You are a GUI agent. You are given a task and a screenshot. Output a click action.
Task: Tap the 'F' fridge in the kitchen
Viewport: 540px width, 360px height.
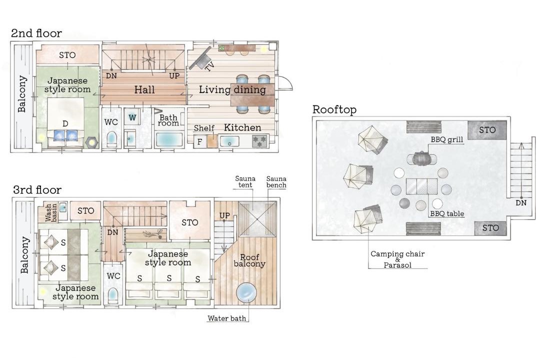199,141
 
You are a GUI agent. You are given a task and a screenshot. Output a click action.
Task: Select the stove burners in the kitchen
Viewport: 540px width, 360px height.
259,141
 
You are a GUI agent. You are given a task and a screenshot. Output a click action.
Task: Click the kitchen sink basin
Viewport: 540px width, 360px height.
229,141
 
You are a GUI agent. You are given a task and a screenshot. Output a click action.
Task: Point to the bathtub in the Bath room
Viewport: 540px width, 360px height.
169,140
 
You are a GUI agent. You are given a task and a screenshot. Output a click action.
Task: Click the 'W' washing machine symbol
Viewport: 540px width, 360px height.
132,117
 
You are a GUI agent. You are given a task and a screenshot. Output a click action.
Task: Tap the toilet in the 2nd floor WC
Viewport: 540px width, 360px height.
111,139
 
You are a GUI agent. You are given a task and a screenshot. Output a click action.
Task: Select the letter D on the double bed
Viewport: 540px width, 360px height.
65,123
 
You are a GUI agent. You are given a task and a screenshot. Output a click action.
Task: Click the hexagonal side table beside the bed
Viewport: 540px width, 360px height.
91,142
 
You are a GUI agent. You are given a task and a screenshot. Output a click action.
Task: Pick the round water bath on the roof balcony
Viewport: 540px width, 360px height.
246,293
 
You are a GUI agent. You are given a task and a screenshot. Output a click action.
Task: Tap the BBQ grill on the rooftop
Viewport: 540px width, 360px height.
422,159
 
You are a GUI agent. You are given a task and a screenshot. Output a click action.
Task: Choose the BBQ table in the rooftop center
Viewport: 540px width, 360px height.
421,186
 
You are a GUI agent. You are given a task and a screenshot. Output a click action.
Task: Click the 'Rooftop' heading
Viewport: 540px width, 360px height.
334,109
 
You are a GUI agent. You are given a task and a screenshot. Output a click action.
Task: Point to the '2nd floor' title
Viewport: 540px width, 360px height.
36,33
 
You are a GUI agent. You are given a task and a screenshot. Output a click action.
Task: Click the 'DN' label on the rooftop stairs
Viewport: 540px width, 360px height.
521,203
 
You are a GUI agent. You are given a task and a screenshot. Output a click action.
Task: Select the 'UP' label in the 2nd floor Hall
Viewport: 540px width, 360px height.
174,76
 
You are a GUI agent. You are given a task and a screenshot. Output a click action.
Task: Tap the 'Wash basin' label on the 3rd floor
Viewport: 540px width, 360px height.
51,212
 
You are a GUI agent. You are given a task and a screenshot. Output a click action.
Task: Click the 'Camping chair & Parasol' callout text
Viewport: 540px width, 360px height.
397,259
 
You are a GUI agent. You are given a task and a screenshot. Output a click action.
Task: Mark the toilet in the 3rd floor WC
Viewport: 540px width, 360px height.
112,295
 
